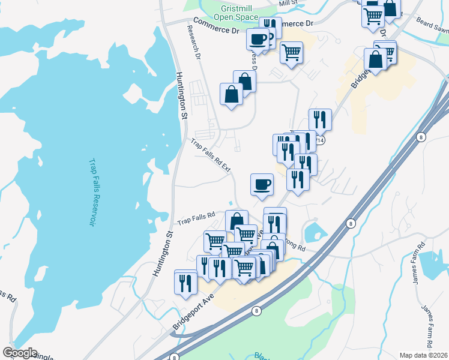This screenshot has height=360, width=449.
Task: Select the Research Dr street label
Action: tap(193, 43)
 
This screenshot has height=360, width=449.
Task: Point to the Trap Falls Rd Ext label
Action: tap(211, 156)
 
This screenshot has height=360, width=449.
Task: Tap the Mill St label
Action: tap(288, 4)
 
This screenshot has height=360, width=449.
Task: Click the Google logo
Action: tap(20, 353)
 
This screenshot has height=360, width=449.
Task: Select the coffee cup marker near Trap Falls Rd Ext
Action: tap(261, 184)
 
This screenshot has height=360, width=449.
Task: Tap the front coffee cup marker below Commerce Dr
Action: tap(258, 39)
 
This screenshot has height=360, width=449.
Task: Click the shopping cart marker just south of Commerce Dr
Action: tap(291, 52)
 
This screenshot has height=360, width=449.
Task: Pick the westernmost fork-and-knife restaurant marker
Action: tap(185, 281)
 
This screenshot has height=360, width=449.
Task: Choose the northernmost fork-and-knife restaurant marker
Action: tap(320, 119)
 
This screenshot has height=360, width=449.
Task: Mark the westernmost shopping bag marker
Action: tap(232, 94)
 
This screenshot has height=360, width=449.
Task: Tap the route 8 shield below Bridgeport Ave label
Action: tap(256, 311)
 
